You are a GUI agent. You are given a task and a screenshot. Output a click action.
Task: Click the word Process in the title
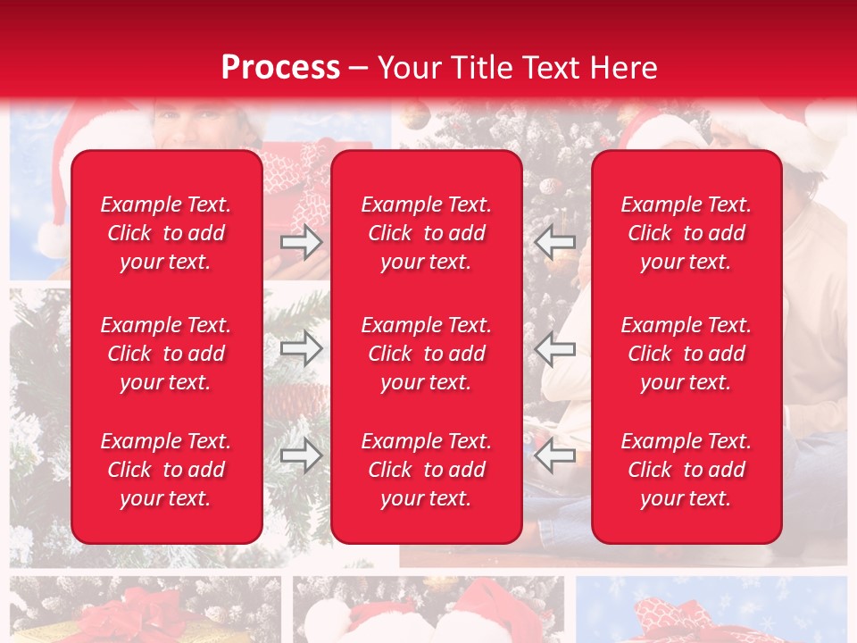pos(280,67)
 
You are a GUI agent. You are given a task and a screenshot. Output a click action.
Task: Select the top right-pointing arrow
pos(301,241)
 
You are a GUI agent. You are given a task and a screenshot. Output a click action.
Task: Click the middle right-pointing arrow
pos(301,348)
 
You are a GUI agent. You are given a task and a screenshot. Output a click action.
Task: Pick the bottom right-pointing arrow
pos(301,455)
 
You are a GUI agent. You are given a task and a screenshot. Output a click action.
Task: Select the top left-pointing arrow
pos(554,241)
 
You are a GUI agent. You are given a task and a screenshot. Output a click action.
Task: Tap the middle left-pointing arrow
pos(554,348)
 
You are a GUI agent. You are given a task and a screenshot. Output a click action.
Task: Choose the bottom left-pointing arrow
pos(554,455)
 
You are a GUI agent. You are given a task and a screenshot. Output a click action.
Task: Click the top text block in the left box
pos(166,233)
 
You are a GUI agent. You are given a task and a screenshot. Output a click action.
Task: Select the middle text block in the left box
pos(166,354)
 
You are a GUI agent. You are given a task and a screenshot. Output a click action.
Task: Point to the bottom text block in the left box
pos(166,470)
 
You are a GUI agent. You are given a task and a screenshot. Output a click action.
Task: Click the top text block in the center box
pos(427,233)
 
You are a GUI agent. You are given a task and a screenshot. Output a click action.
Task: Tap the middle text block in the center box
pos(427,354)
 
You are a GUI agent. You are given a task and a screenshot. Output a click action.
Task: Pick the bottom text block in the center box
pos(427,470)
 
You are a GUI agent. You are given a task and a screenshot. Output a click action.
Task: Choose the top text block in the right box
pos(686,233)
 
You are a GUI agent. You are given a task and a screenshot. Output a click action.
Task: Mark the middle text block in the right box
pos(686,354)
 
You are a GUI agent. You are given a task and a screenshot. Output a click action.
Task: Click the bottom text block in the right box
pos(686,470)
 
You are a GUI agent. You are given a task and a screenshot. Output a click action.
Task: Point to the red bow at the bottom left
pos(143,616)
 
